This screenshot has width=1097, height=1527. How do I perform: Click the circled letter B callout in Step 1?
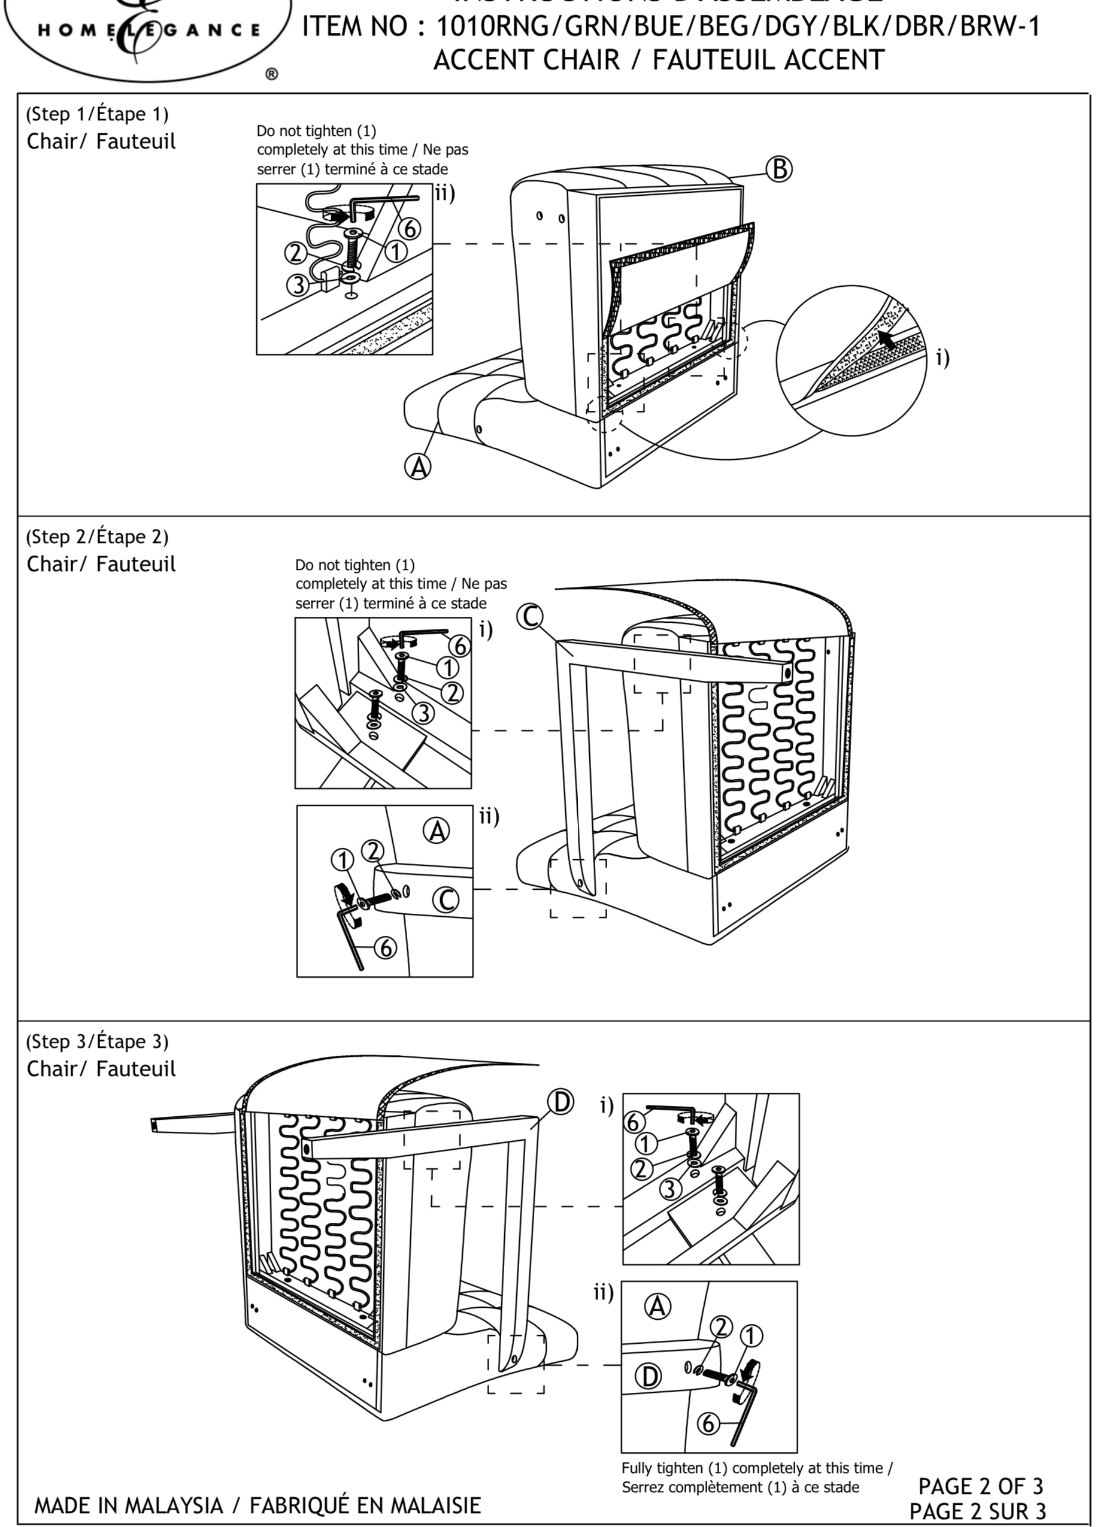pyautogui.click(x=779, y=169)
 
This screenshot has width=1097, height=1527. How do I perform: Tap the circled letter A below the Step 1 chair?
pyautogui.click(x=418, y=466)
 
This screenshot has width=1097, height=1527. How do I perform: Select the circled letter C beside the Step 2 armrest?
pyautogui.click(x=531, y=617)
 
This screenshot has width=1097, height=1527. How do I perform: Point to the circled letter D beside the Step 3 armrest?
pyautogui.click(x=560, y=1103)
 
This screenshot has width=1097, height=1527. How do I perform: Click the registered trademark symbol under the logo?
pyautogui.click(x=272, y=74)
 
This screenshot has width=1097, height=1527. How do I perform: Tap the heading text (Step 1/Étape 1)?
pyautogui.click(x=97, y=114)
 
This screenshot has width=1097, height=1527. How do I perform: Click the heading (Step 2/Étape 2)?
pyautogui.click(x=97, y=537)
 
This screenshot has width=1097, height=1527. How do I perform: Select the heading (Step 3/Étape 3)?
pyautogui.click(x=97, y=1041)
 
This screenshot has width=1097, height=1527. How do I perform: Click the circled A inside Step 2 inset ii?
pyautogui.click(x=437, y=832)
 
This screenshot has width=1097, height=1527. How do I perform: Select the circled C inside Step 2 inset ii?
pyautogui.click(x=446, y=900)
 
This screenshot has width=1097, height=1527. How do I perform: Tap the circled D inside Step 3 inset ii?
pyautogui.click(x=649, y=1377)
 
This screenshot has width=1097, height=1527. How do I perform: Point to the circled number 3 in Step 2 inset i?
pyautogui.click(x=423, y=713)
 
